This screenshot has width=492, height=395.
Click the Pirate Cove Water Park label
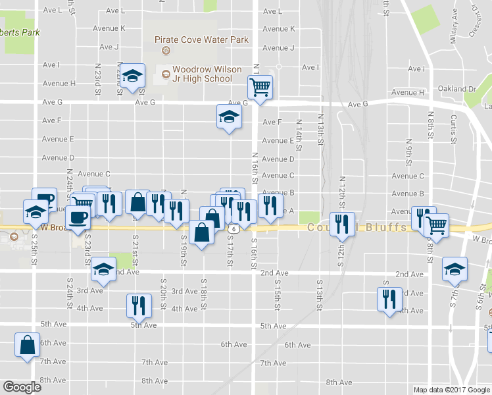(201, 39)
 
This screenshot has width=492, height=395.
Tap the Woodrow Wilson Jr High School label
(202, 74)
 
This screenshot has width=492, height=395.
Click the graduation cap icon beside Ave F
(228, 117)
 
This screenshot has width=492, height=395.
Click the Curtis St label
(453, 128)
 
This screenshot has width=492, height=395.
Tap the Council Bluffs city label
(353, 228)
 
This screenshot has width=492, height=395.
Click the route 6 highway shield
(234, 228)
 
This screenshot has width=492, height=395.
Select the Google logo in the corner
(22, 387)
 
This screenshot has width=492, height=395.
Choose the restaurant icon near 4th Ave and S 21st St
(137, 305)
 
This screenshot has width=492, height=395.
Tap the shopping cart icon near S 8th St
(436, 224)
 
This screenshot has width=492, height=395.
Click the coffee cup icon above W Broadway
(78, 219)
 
